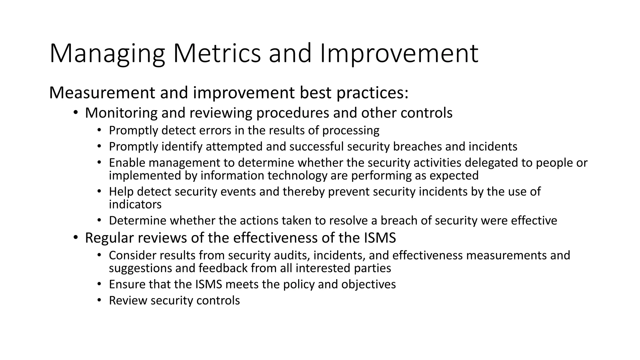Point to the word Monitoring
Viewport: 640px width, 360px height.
121,113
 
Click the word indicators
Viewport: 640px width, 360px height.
135,204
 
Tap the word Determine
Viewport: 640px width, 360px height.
137,221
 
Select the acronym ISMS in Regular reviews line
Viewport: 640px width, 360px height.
380,238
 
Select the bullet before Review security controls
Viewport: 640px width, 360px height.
99,301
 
